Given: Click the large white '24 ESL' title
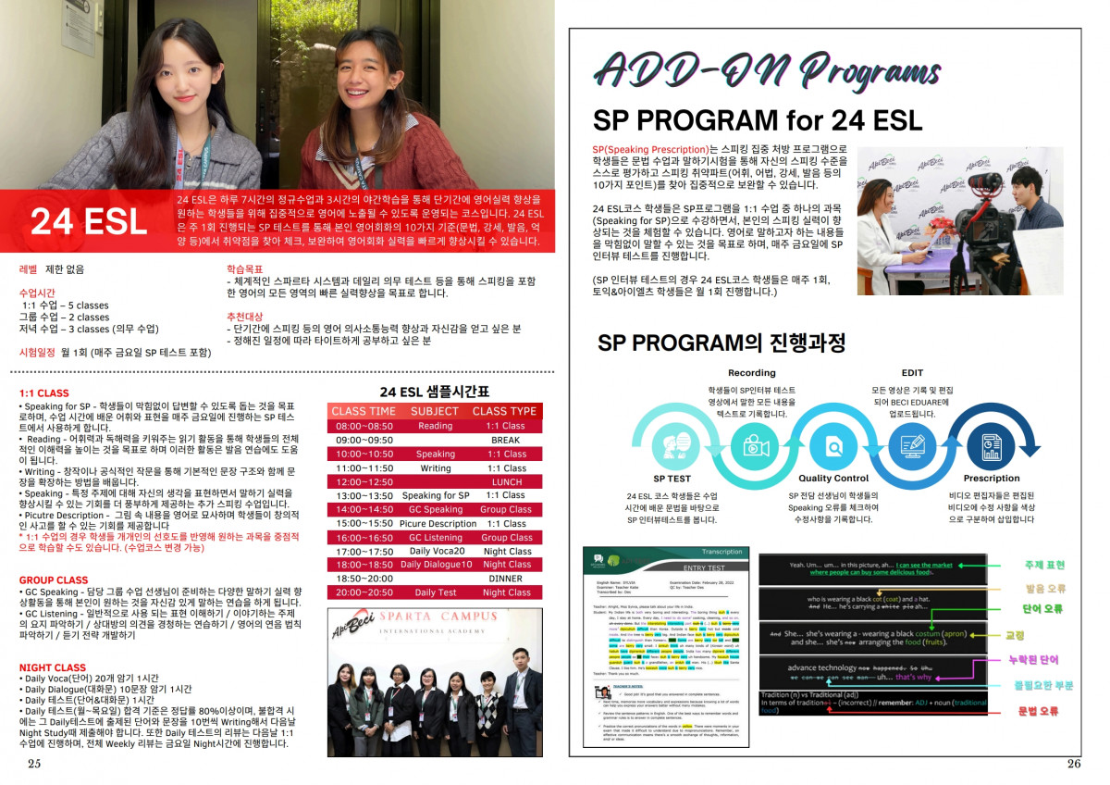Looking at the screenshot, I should pyautogui.click(x=88, y=221).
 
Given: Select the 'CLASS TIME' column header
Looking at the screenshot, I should pyautogui.click(x=364, y=411).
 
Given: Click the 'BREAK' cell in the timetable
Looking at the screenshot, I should pyautogui.click(x=505, y=440).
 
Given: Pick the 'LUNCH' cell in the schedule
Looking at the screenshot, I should pyautogui.click(x=506, y=481).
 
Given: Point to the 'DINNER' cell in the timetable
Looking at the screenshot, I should pyautogui.click(x=505, y=578).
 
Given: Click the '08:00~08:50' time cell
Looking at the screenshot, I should pyautogui.click(x=364, y=426).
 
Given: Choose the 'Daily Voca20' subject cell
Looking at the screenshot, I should pyautogui.click(x=435, y=551).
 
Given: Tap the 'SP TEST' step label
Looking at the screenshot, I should pyautogui.click(x=672, y=479).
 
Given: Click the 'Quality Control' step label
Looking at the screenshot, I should pyautogui.click(x=833, y=479).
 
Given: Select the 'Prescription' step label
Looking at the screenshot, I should pyautogui.click(x=991, y=479).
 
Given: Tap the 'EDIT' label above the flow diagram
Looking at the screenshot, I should pyautogui.click(x=911, y=373).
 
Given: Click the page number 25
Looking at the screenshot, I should pyautogui.click(x=34, y=764).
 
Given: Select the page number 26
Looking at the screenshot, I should pyautogui.click(x=1073, y=764).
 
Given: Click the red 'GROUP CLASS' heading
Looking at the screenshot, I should pyautogui.click(x=54, y=580).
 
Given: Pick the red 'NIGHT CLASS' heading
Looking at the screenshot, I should pyautogui.click(x=52, y=667).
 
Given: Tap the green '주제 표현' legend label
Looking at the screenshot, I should pyautogui.click(x=1044, y=565).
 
